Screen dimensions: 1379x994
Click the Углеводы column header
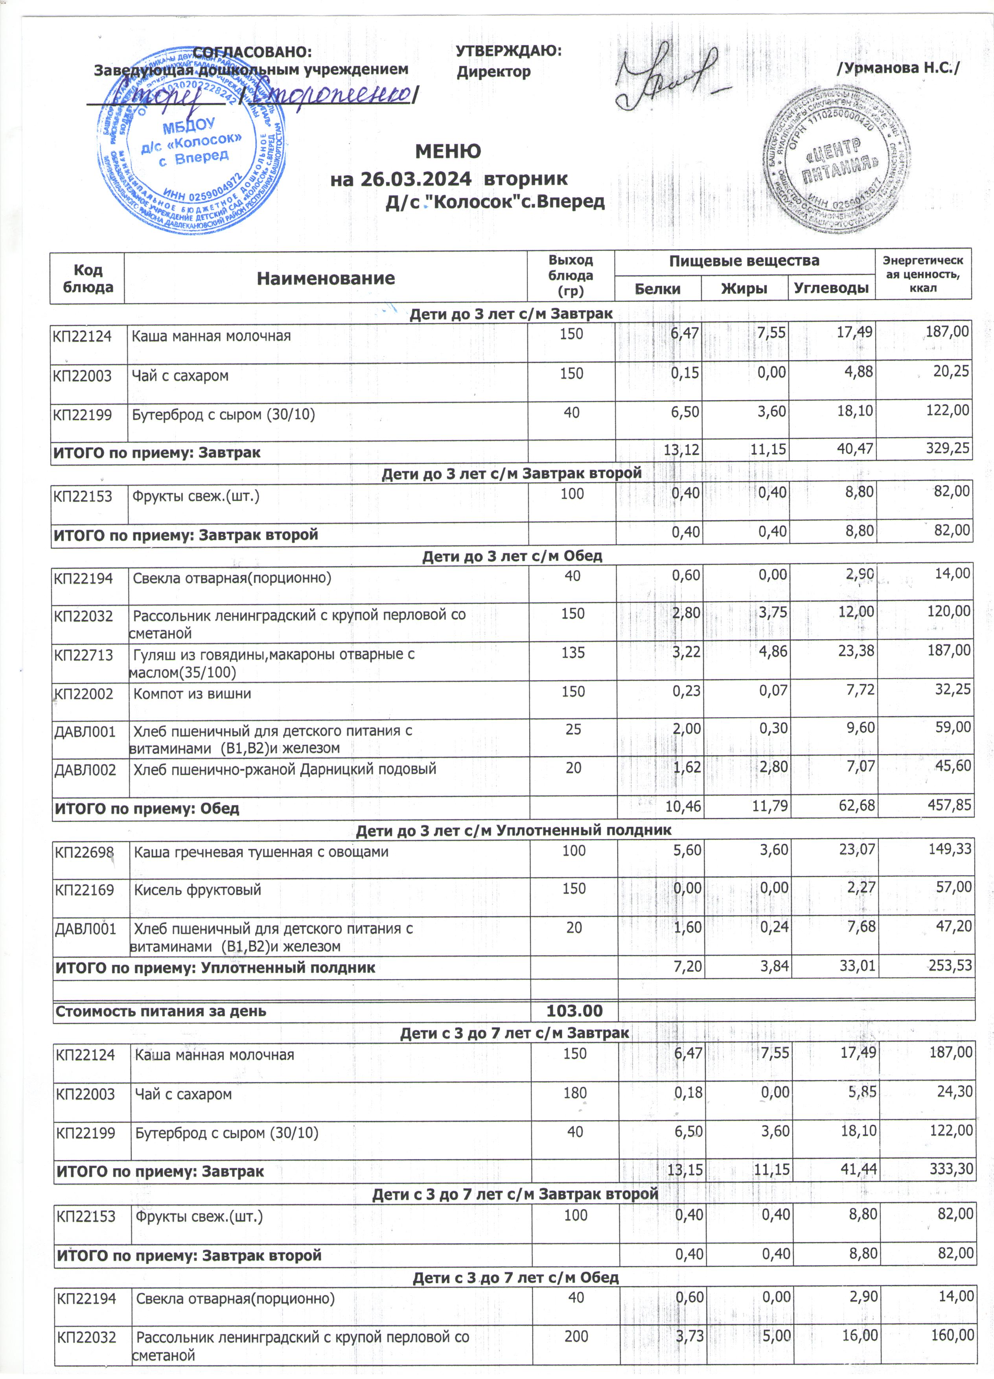[x=831, y=288]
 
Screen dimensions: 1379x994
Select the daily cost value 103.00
[x=574, y=1011]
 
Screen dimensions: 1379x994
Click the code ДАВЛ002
[x=85, y=770]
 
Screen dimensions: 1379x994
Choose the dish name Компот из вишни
[x=192, y=694]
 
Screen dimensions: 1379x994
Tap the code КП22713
[x=84, y=655]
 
